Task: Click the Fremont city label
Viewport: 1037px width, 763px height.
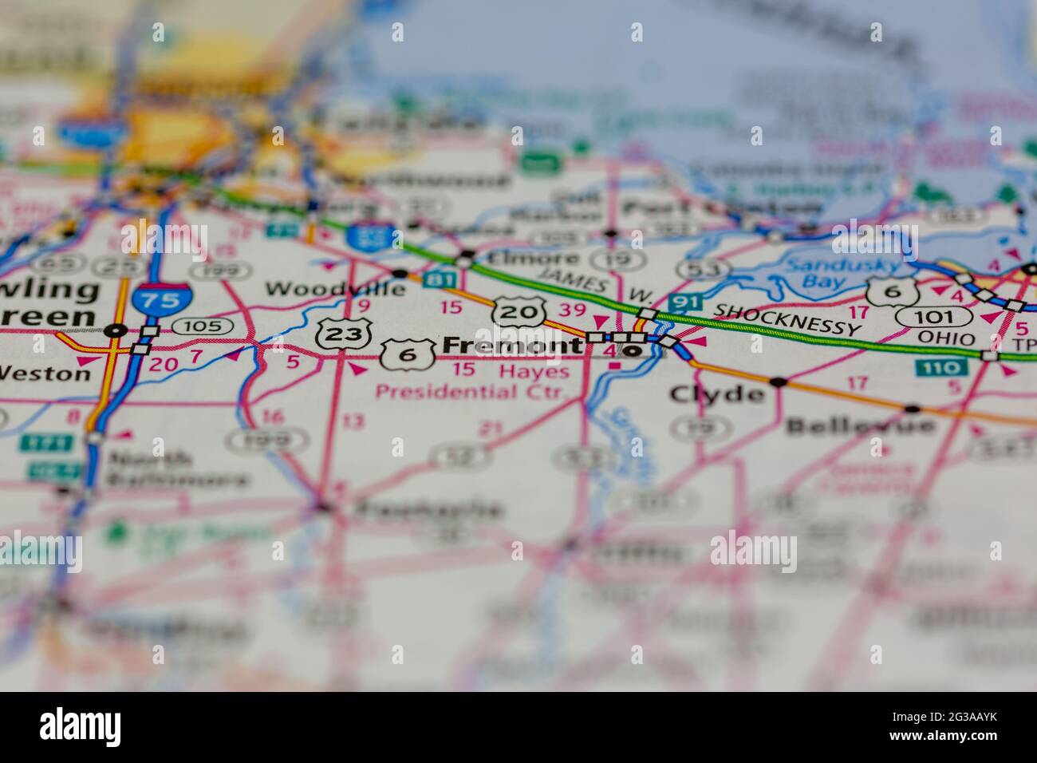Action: [x=511, y=346]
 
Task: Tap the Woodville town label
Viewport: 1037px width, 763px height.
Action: [x=335, y=288]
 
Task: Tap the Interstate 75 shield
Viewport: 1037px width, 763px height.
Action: [x=162, y=300]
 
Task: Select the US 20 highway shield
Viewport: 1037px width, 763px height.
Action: [x=518, y=311]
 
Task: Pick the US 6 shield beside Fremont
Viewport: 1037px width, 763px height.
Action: [x=408, y=354]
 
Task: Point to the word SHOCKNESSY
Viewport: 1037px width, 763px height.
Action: [x=787, y=319]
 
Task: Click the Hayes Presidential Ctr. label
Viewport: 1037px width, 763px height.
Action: [x=471, y=382]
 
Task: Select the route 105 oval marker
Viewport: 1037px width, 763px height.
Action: [x=203, y=326]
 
